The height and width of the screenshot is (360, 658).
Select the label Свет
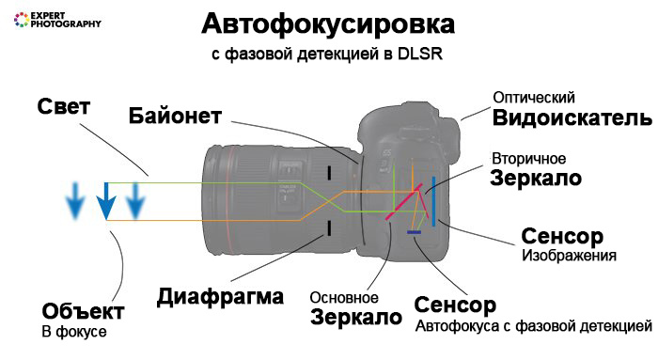point(64,106)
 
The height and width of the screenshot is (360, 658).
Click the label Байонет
point(176,116)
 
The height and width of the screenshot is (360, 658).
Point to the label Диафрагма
point(219,297)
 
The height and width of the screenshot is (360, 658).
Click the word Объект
point(83,311)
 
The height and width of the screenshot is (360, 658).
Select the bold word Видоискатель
point(572,118)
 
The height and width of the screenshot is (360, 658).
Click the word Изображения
point(569,255)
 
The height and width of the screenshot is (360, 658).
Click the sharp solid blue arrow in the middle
point(108,199)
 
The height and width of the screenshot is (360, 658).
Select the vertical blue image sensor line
point(431,201)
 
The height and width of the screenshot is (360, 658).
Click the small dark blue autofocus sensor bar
point(414,231)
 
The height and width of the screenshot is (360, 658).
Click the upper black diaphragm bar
point(329,172)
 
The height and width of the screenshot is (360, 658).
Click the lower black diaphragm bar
point(329,227)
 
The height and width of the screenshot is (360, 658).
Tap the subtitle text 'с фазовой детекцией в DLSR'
point(327,54)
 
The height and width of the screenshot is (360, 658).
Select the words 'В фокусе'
point(74,332)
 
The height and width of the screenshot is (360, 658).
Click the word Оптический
point(534,98)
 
